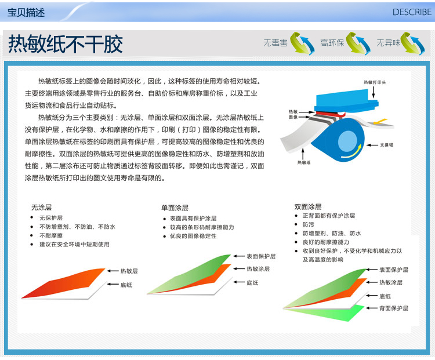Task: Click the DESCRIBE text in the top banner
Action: (x=412, y=12)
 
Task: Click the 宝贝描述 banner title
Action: (x=26, y=13)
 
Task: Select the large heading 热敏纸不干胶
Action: (x=66, y=44)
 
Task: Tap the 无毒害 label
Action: (x=275, y=43)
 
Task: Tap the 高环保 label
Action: (x=332, y=43)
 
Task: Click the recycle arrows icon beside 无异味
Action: (x=412, y=43)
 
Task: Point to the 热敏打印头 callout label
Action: (x=375, y=82)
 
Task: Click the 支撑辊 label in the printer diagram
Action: (x=386, y=145)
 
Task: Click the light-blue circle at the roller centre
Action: (x=347, y=141)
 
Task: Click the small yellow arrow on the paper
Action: (x=380, y=122)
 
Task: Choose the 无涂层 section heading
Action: (x=41, y=207)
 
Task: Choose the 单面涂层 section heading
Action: (x=175, y=208)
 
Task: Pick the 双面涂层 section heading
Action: (x=308, y=206)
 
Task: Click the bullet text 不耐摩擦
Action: (x=51, y=235)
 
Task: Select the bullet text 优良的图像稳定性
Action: (x=193, y=236)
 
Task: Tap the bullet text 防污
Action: (x=309, y=224)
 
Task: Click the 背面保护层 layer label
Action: (x=394, y=308)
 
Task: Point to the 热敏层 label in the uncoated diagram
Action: (x=129, y=271)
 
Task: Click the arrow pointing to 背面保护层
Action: (x=371, y=308)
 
